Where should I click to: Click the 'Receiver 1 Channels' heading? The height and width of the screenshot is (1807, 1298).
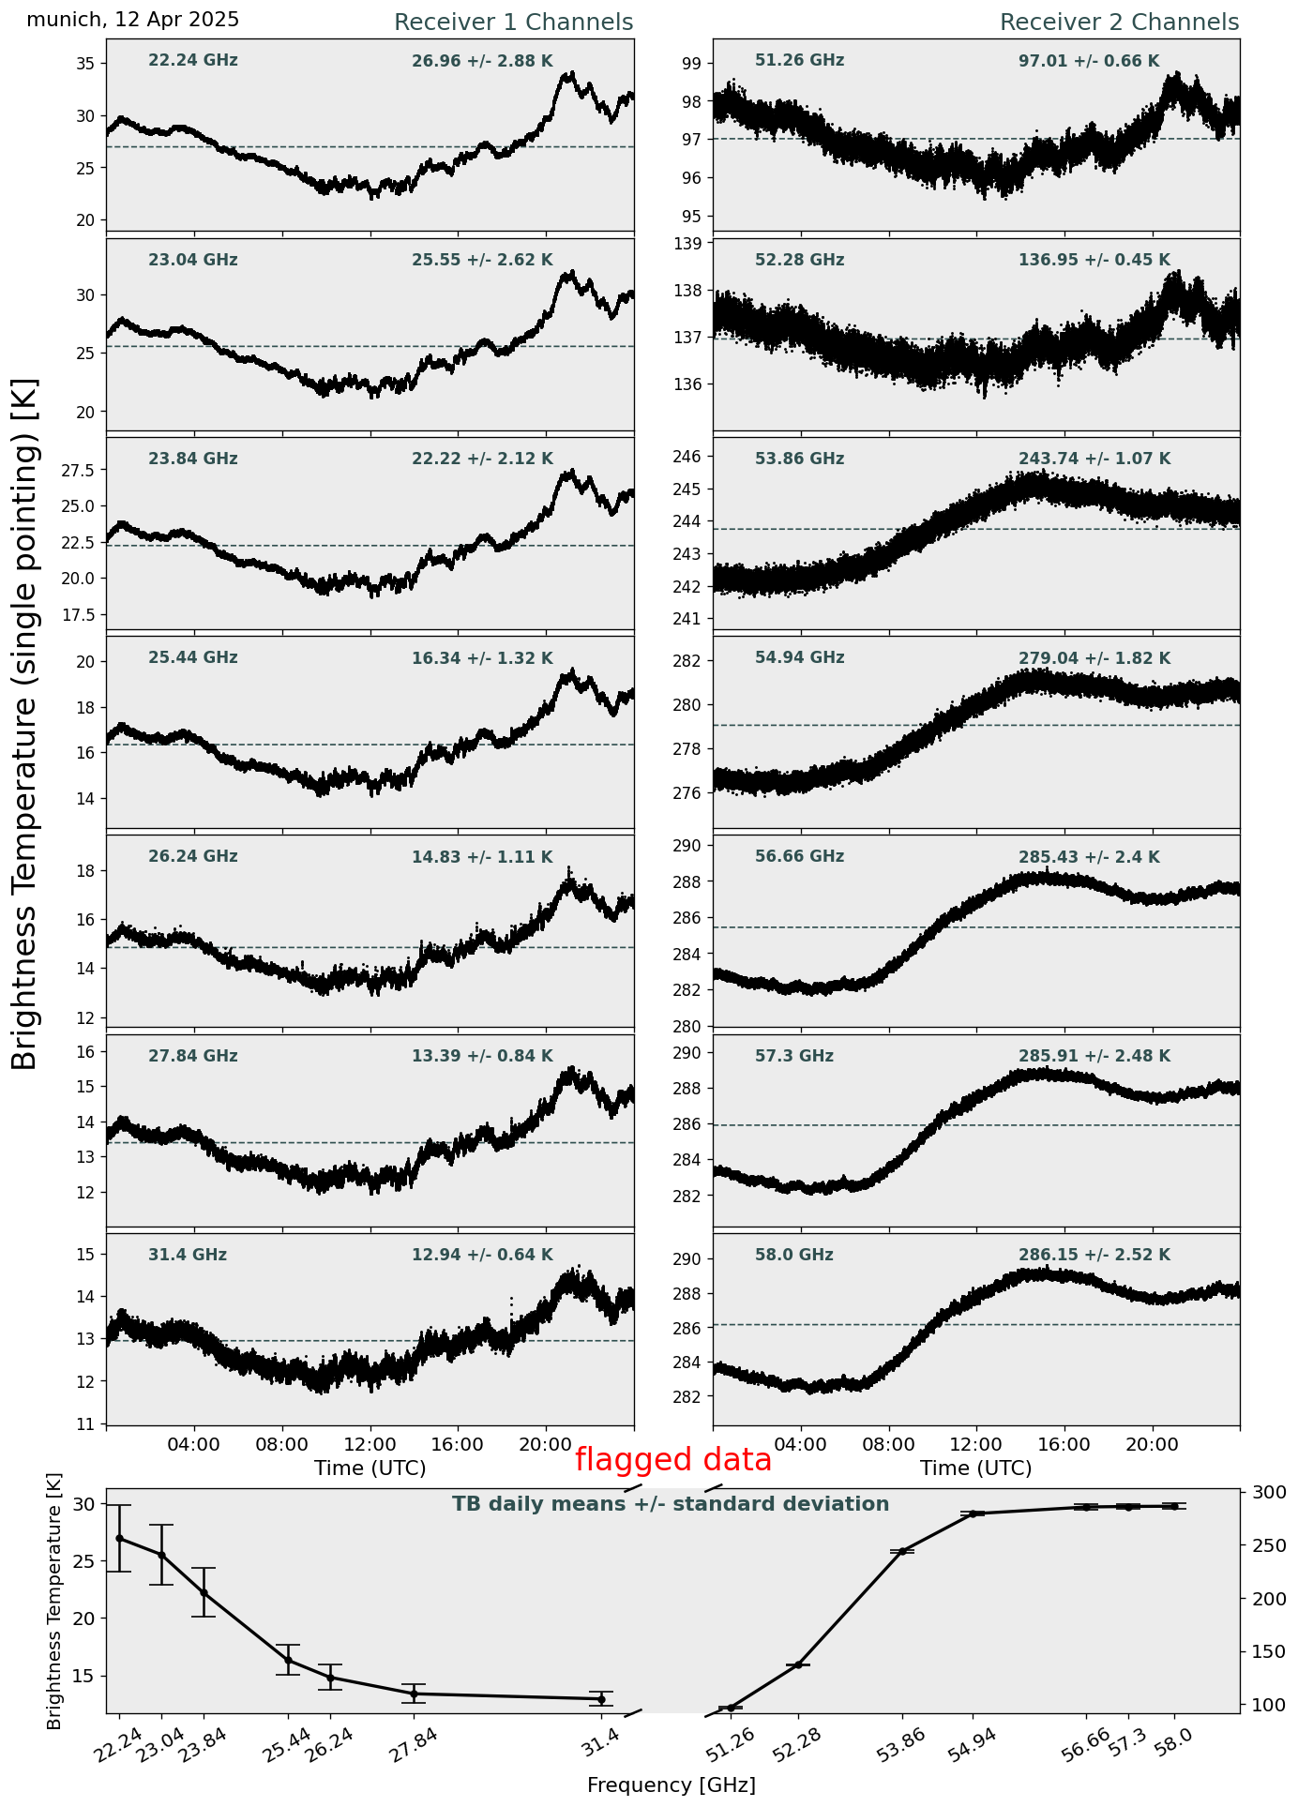513,23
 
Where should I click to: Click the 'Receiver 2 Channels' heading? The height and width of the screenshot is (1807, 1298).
1119,23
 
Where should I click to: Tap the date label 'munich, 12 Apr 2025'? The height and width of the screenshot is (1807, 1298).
133,20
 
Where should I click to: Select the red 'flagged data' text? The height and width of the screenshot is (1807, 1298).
672,1460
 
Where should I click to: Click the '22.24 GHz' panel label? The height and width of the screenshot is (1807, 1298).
193,61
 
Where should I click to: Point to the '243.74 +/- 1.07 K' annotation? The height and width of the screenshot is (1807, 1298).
1094,459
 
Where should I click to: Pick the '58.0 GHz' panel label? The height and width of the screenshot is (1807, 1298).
793,1255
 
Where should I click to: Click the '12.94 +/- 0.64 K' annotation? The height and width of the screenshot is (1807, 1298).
482,1255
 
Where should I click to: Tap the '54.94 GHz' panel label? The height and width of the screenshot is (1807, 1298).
799,658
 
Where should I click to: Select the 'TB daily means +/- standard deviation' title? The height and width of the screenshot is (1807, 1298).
671,1504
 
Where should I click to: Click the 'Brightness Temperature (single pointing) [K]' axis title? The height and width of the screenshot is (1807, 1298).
25,723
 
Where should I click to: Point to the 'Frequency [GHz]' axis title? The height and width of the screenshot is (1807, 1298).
671,1784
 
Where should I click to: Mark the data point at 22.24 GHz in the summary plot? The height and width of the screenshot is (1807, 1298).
119,1538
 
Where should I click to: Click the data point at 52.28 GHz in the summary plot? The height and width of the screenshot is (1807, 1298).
798,1664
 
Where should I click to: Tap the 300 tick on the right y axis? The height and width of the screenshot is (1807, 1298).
1260,1492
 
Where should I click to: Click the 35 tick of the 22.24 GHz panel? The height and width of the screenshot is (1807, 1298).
86,64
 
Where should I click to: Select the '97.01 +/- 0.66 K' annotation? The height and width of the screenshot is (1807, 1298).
1088,62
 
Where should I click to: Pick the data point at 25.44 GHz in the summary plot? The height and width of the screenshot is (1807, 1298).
288,1660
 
